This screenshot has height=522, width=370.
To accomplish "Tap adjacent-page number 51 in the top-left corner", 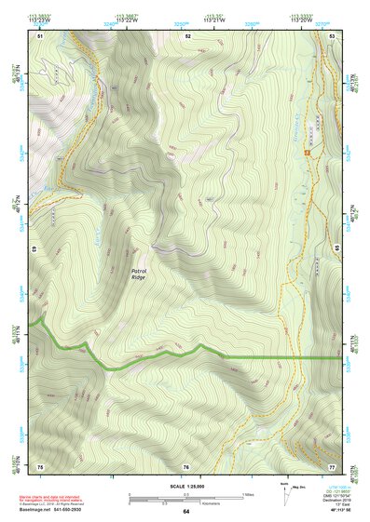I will [40, 35].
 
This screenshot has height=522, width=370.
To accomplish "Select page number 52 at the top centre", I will [187, 35].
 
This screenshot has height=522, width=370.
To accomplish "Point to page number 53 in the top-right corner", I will [332, 35].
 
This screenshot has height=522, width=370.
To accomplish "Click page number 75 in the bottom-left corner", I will [40, 465].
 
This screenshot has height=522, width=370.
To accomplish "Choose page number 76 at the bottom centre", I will [186, 465].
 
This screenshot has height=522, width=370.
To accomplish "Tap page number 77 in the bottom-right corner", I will [332, 465].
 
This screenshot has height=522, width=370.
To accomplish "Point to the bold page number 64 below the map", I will [186, 512].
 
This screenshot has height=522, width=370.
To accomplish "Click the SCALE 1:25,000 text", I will [186, 485].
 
